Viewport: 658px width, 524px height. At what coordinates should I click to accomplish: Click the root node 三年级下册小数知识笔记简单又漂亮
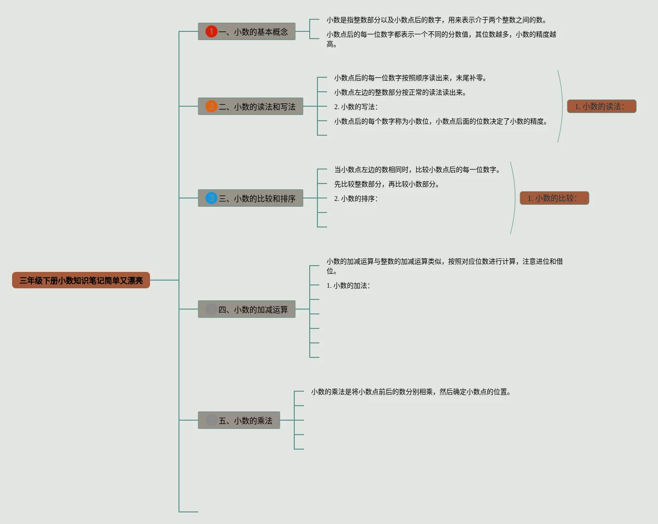(81, 280)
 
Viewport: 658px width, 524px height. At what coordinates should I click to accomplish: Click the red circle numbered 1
(211, 31)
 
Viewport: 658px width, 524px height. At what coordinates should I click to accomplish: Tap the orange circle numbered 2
(211, 106)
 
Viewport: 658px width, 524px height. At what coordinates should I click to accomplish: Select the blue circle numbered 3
(211, 198)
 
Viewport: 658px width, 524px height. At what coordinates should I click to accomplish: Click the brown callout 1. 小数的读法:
(602, 106)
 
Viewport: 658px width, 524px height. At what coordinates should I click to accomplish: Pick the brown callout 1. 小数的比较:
(554, 198)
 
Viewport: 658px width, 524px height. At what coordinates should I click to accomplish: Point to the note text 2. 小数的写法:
(356, 107)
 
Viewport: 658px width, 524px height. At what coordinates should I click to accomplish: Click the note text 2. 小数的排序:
(356, 198)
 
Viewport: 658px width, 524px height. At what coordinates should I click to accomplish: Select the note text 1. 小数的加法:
(348, 285)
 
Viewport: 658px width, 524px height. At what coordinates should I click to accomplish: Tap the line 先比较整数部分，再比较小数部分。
(387, 184)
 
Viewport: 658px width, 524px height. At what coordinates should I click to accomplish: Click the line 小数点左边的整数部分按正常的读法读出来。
(400, 92)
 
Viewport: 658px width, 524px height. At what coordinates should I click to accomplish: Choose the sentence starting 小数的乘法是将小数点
(411, 392)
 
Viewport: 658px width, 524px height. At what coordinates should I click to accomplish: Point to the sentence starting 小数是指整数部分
(437, 20)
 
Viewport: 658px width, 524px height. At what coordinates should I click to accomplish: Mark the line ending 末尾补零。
(411, 78)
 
